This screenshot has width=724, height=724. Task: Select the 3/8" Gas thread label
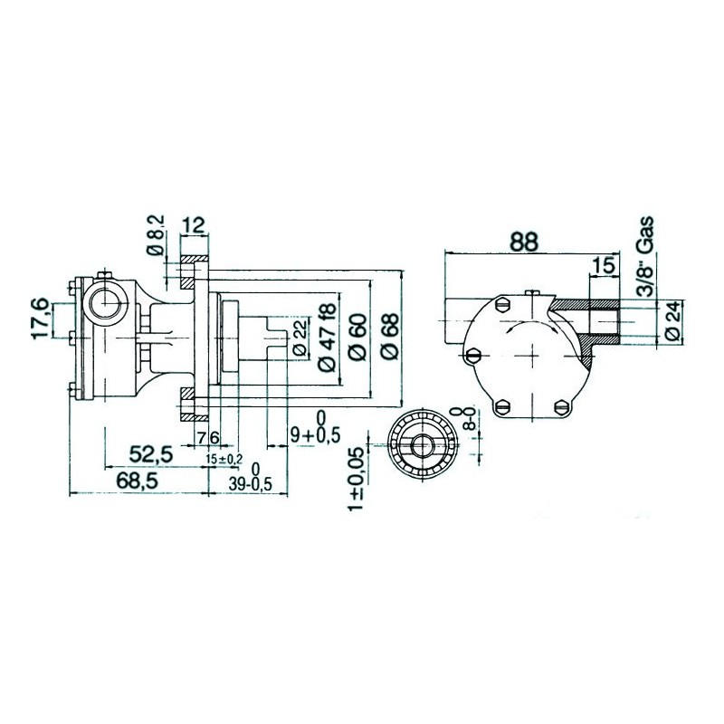pyautogui.click(x=644, y=256)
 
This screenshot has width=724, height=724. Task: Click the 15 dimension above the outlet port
pyautogui.click(x=603, y=264)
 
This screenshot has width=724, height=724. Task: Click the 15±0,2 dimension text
pyautogui.click(x=224, y=460)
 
